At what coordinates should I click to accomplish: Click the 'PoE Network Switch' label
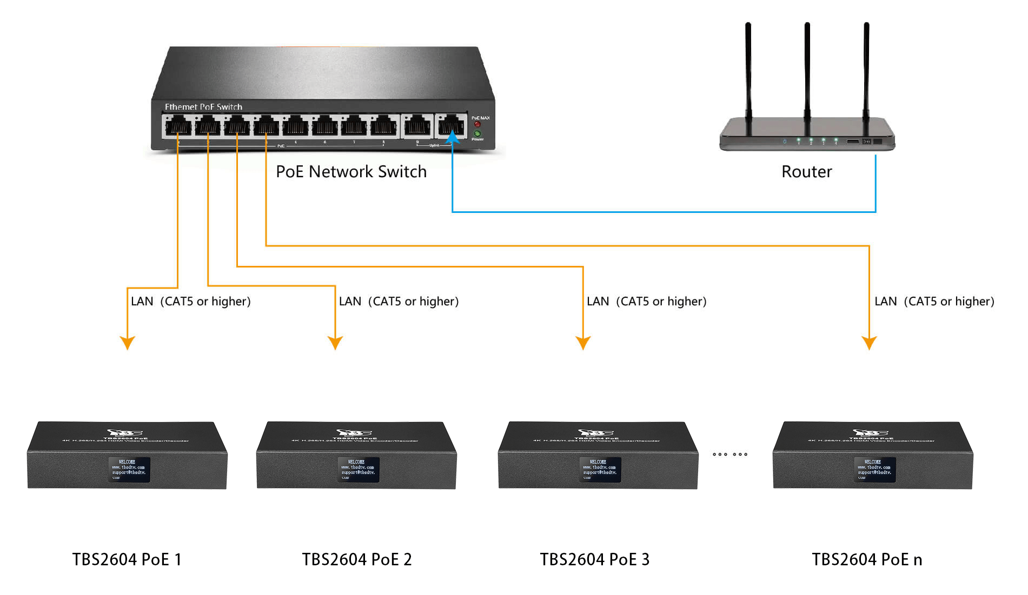click(x=351, y=171)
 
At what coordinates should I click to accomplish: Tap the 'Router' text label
click(x=806, y=171)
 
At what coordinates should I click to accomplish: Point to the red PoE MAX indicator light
click(x=477, y=124)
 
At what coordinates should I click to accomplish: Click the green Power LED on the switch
click(x=477, y=133)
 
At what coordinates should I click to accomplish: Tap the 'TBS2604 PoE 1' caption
click(x=127, y=559)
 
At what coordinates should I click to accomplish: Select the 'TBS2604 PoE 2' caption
click(x=356, y=559)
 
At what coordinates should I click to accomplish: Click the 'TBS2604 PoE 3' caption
click(x=594, y=559)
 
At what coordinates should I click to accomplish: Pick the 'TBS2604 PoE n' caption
click(x=867, y=559)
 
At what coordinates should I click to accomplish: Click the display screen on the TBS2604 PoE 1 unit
click(x=129, y=470)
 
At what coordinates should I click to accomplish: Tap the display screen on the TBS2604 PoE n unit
click(x=874, y=470)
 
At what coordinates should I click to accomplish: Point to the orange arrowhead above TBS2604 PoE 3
click(x=583, y=343)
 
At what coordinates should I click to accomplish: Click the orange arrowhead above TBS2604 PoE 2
click(x=335, y=343)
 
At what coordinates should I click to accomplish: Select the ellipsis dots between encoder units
click(x=730, y=454)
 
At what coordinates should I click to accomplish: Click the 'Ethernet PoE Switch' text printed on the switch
click(x=203, y=106)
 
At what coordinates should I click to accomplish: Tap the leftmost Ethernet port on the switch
click(x=178, y=128)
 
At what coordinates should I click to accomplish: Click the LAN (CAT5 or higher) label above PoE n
click(x=934, y=301)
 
